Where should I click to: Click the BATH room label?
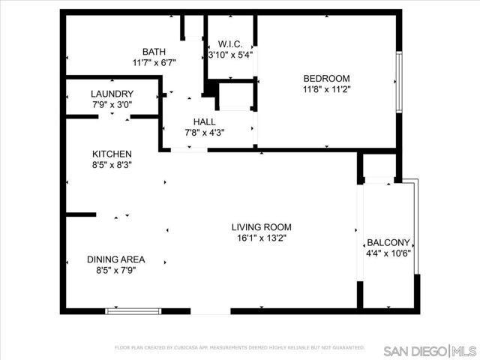coord(154,52)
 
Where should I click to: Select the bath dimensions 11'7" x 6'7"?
coord(154,63)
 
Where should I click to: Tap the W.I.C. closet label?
coord(229,43)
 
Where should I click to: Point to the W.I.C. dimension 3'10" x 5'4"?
coord(230,55)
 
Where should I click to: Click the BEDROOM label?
coord(326,78)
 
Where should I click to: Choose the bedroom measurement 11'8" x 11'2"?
coord(326,89)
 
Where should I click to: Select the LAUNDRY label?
coord(112,94)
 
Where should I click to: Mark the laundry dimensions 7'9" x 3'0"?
coord(112,105)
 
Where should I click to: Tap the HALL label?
coord(204,121)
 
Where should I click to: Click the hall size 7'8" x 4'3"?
coord(204,133)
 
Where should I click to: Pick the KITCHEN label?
coord(112,154)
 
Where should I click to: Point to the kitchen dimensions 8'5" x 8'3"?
coord(112,165)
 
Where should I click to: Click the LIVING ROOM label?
coord(261,227)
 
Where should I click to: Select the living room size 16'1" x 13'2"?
coord(261,238)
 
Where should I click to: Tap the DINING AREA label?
coord(115,259)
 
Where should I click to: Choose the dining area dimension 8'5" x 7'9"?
coord(115,271)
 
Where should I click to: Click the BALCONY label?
coord(388,243)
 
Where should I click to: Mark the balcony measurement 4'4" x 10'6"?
coord(388,254)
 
